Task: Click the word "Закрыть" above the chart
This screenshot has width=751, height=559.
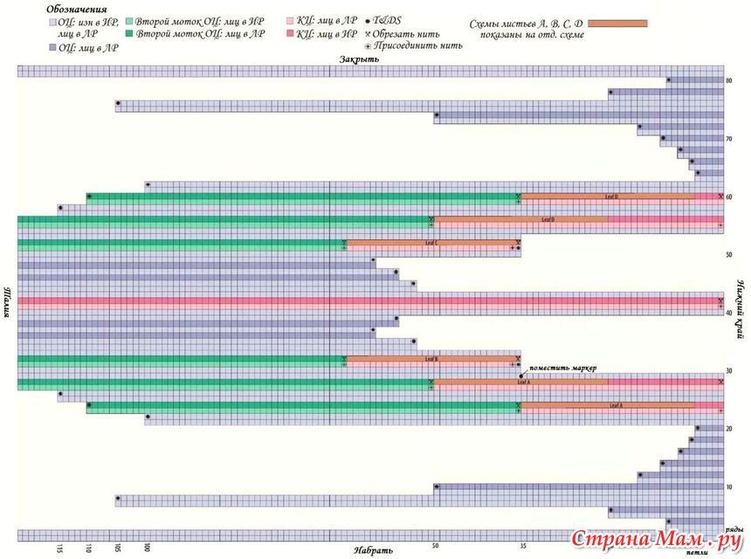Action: (x=360, y=59)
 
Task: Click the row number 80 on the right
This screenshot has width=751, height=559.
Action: (x=728, y=81)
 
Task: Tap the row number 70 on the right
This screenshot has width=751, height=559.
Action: (x=728, y=139)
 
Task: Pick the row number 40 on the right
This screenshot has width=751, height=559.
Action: (x=728, y=313)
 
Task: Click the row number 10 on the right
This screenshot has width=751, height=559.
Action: (x=728, y=487)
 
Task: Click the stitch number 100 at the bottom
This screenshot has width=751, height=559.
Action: (x=147, y=548)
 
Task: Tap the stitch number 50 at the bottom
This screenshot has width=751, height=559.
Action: (x=435, y=546)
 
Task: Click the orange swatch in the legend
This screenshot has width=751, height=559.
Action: (x=618, y=23)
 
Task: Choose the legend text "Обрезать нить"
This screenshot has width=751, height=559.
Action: (x=406, y=31)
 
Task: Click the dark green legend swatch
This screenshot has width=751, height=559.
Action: (x=129, y=33)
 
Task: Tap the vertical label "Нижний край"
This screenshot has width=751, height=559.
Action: (x=741, y=301)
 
